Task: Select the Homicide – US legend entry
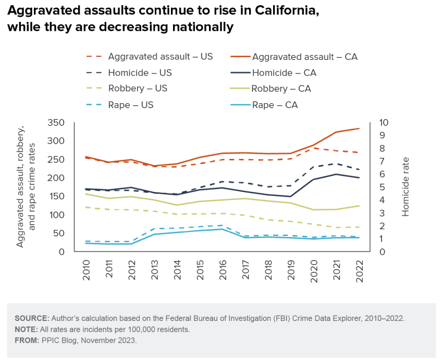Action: point(140,73)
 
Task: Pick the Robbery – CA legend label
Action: point(281,89)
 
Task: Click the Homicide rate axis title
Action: point(406,187)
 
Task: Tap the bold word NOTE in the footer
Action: point(27,329)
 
